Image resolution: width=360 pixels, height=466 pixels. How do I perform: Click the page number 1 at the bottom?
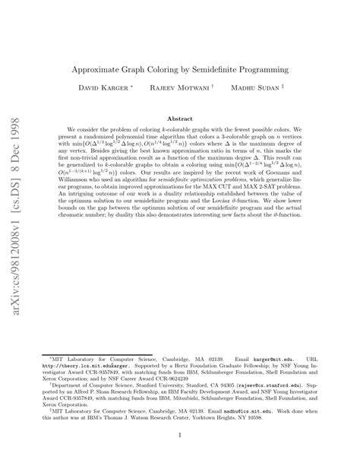pyautogui.click(x=180, y=435)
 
